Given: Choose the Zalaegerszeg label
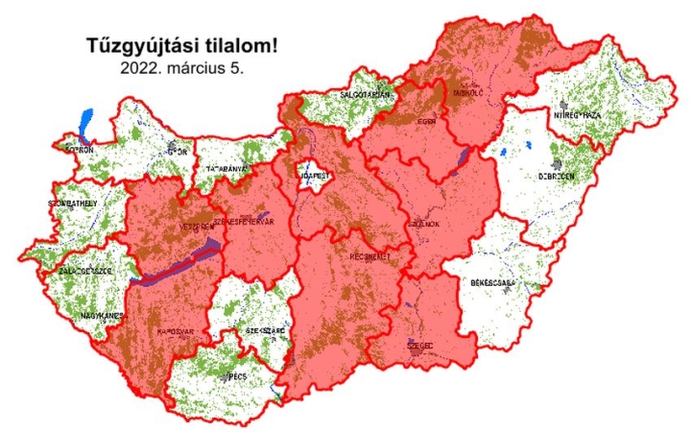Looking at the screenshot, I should (x=85, y=272).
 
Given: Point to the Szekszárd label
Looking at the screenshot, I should (x=266, y=330).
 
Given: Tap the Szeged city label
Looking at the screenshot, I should (x=420, y=346).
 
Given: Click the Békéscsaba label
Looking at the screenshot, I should (x=495, y=284).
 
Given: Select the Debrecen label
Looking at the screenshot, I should (x=557, y=177).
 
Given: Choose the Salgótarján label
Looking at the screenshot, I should (x=359, y=95).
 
